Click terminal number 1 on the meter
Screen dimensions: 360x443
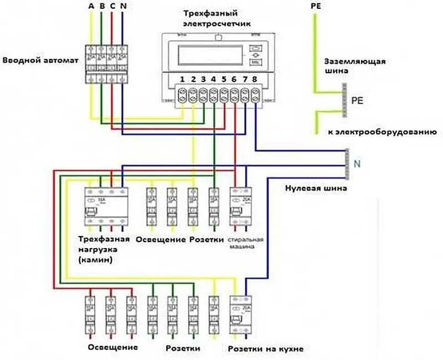pyautogui.click(x=182, y=80)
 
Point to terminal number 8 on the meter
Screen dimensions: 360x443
pyautogui.click(x=254, y=80)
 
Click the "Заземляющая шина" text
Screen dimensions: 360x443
pyautogui.click(x=354, y=66)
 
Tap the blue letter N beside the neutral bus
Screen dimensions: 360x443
pyautogui.click(x=357, y=163)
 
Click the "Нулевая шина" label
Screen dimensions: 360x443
pyautogui.click(x=316, y=189)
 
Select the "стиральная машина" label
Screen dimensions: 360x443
pyautogui.click(x=244, y=244)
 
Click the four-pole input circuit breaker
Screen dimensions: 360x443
pyautogui.click(x=106, y=61)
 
